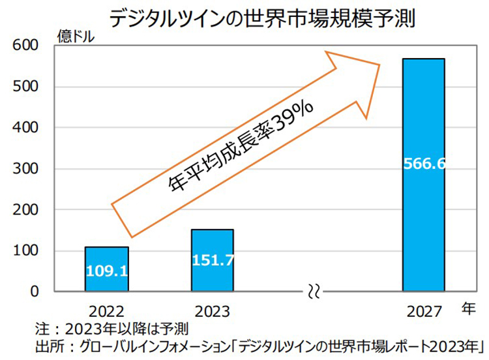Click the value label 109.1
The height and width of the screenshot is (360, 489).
tap(106, 268)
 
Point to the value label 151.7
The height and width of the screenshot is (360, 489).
tap(213, 260)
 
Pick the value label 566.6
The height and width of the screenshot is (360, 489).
tap(424, 164)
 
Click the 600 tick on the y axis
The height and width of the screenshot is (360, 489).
tap(25, 46)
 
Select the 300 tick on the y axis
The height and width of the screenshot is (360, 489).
tap(25, 169)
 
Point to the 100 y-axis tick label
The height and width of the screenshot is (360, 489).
tap(25, 251)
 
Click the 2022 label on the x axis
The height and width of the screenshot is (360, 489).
tap(106, 309)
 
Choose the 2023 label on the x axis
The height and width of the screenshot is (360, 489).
tap(212, 309)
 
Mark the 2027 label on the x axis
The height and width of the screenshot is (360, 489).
tap(423, 309)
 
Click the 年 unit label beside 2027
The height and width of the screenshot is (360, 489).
tap(469, 308)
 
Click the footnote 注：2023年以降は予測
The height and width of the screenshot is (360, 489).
tap(110, 327)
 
